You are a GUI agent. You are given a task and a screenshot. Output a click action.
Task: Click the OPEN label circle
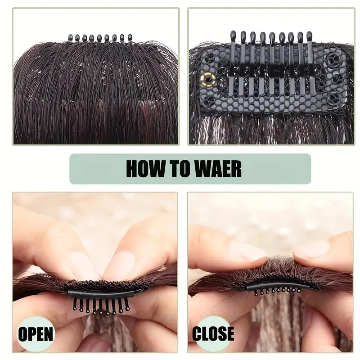35,334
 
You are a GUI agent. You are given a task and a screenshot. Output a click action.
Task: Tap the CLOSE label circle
212,333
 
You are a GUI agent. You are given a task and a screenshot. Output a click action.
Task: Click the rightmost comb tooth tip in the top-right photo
309,36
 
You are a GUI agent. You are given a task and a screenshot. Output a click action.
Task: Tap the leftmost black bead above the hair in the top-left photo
71,37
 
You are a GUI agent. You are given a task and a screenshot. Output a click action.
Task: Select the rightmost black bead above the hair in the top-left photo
130,37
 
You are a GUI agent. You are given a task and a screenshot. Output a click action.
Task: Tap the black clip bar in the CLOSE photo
279,286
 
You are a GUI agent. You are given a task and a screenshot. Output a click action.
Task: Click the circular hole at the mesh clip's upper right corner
332,60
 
